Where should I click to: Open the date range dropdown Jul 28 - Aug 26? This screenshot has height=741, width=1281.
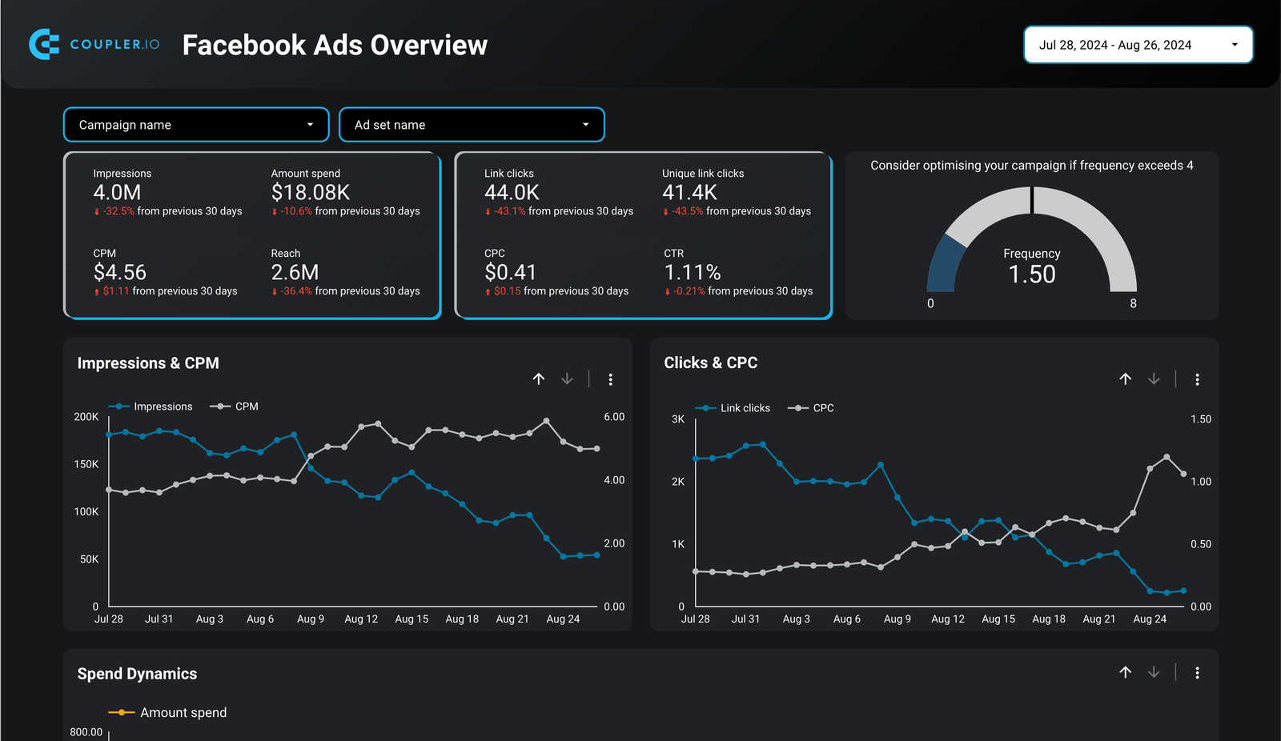pyautogui.click(x=1138, y=45)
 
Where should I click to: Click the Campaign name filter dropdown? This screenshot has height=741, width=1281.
pyautogui.click(x=196, y=125)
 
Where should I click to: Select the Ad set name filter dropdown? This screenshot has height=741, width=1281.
pyautogui.click(x=472, y=125)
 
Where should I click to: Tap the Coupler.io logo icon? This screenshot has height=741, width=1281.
pyautogui.click(x=44, y=44)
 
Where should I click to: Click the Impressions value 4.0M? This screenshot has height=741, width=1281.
pyautogui.click(x=117, y=193)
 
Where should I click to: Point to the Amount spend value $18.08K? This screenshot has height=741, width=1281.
pyautogui.click(x=311, y=193)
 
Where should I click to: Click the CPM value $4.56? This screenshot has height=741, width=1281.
pyautogui.click(x=120, y=272)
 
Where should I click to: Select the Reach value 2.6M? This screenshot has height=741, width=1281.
pyautogui.click(x=295, y=272)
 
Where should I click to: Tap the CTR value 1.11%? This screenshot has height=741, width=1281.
pyautogui.click(x=693, y=272)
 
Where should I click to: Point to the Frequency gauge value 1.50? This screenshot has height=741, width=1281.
pyautogui.click(x=1032, y=274)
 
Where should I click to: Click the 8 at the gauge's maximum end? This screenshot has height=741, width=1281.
pyautogui.click(x=1133, y=303)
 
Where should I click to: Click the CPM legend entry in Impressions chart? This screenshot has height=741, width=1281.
pyautogui.click(x=235, y=407)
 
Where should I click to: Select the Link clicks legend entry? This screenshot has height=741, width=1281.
pyautogui.click(x=733, y=408)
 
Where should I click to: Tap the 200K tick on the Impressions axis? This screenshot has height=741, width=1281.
pyautogui.click(x=86, y=417)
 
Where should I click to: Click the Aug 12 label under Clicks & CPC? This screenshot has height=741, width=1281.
pyautogui.click(x=948, y=619)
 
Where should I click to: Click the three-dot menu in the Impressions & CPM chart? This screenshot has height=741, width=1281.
pyautogui.click(x=611, y=379)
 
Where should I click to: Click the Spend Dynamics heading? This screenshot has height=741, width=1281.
pyautogui.click(x=137, y=674)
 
